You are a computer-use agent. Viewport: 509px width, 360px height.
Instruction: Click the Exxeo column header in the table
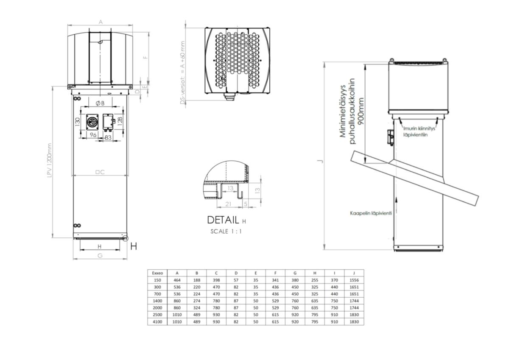157,273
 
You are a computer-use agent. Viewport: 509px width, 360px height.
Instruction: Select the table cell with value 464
177,280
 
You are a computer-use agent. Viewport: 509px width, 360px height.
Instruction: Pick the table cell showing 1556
354,280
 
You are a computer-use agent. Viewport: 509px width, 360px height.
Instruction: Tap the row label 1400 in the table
157,301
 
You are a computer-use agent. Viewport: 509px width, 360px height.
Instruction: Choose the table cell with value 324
196,308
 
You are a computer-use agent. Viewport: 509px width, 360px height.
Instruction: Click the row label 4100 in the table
157,322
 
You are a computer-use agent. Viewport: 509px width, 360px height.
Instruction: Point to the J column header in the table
354,273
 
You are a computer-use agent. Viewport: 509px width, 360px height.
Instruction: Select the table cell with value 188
196,280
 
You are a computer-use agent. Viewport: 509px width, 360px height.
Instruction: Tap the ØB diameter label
100,103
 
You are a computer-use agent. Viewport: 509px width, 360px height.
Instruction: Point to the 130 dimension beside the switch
78,122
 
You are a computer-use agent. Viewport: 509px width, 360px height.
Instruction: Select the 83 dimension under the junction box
108,137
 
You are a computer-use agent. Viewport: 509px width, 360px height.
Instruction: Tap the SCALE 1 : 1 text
226,232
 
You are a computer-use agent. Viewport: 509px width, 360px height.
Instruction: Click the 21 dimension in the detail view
228,204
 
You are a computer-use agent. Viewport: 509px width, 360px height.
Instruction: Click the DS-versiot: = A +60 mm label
183,73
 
